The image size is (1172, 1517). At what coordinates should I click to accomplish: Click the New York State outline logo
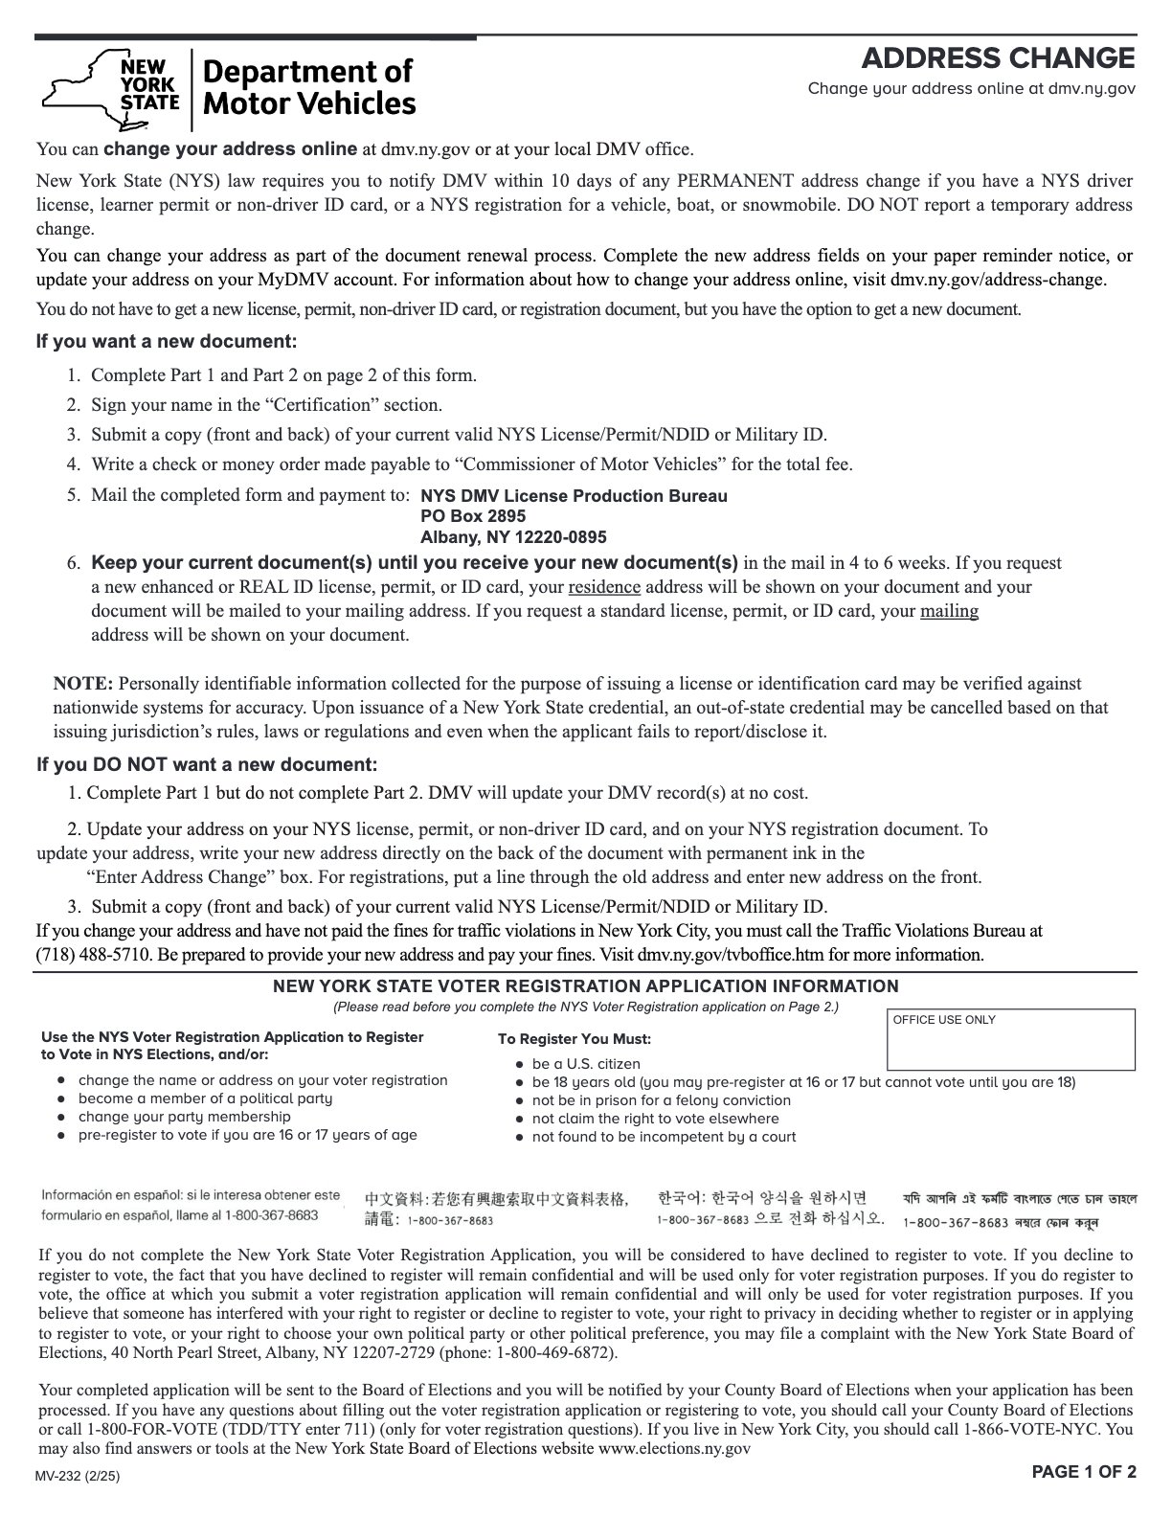point(110,89)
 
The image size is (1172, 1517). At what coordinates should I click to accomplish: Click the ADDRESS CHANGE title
point(999,58)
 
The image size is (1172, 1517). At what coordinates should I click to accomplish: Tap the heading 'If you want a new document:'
point(167,342)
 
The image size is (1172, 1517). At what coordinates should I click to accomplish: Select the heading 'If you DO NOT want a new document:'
point(207,765)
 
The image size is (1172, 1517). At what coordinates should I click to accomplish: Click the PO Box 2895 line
point(473,516)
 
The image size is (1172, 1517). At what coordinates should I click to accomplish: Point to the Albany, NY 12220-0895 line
point(513,537)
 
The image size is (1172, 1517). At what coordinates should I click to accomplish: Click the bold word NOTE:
point(83,684)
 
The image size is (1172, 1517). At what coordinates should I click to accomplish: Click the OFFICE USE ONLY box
point(1011,1040)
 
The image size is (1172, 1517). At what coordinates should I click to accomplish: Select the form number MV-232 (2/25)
point(79,1476)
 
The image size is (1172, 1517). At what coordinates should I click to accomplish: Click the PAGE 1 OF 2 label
point(1084,1473)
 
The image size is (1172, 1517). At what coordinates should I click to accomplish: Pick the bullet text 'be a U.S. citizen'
point(586,1064)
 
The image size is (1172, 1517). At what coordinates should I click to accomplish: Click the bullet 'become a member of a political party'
point(205,1098)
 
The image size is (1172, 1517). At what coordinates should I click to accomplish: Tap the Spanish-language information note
point(190,1205)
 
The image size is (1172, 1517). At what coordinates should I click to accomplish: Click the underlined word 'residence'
point(604,587)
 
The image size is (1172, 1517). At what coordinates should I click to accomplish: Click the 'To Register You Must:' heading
point(574,1039)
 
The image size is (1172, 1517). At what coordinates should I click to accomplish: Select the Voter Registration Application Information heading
point(586,986)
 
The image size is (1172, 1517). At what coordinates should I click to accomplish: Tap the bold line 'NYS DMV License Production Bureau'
point(574,496)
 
